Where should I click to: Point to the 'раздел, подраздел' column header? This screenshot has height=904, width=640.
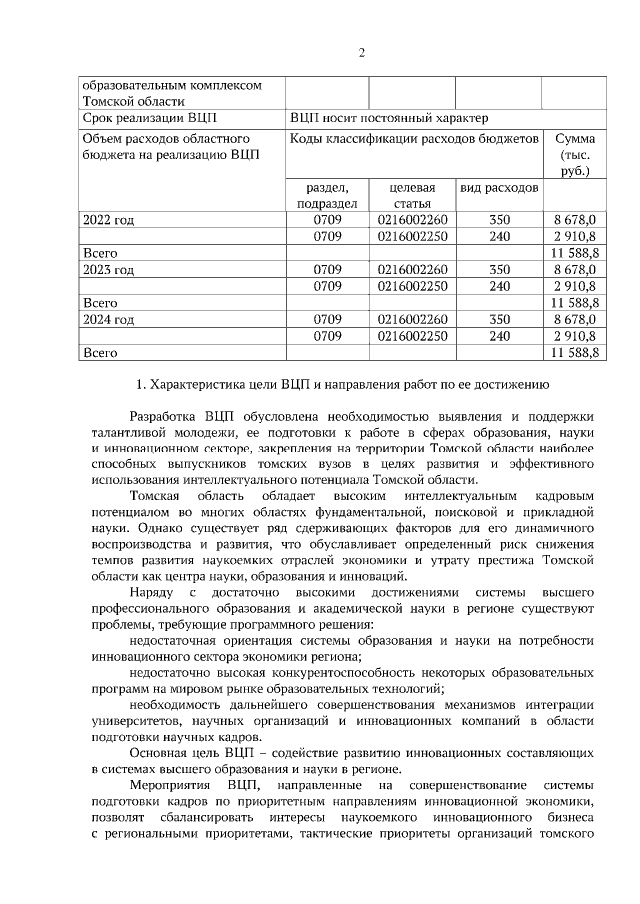click(x=326, y=195)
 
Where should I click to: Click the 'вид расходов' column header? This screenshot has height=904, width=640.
click(x=499, y=188)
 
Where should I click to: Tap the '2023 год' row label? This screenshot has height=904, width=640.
click(x=108, y=269)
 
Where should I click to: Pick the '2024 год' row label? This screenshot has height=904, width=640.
click(x=108, y=319)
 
